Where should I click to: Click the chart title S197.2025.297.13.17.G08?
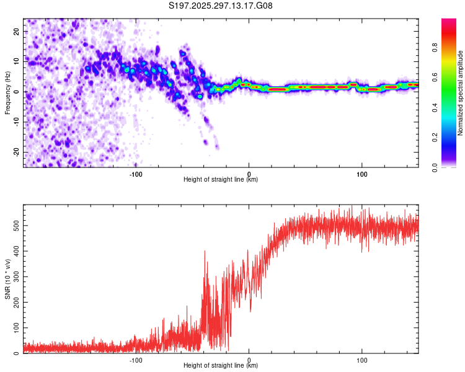click(x=221, y=6)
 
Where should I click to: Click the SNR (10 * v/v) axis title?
click(x=7, y=278)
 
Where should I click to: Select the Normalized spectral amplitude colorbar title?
click(x=460, y=93)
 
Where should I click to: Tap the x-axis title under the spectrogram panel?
click(x=221, y=179)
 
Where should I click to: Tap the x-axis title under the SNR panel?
click(x=221, y=365)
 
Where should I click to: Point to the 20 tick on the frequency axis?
click(x=17, y=32)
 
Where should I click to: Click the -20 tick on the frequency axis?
click(x=15, y=153)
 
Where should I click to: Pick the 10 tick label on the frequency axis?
click(x=17, y=62)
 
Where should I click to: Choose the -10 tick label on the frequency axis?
click(x=15, y=122)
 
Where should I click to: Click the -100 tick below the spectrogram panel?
click(x=136, y=174)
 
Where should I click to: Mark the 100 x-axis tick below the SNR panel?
click(x=362, y=360)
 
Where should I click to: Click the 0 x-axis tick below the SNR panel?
click(x=249, y=360)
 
